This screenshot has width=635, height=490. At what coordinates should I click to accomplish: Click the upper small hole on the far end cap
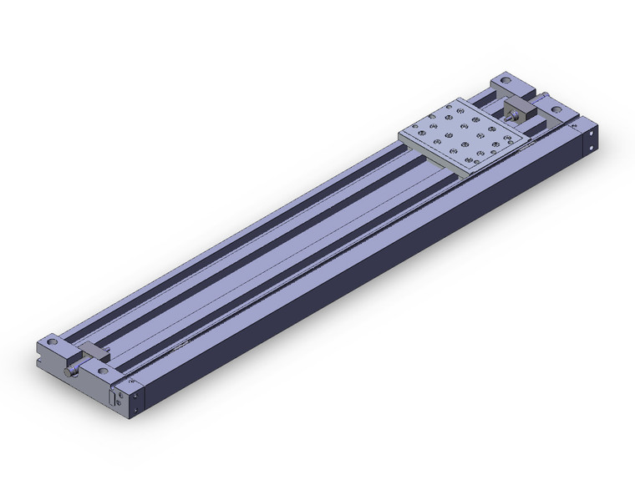click(x=593, y=133)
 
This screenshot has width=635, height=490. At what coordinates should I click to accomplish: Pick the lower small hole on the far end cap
click(x=592, y=149)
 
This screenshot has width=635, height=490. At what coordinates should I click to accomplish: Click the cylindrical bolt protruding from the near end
click(x=73, y=371)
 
